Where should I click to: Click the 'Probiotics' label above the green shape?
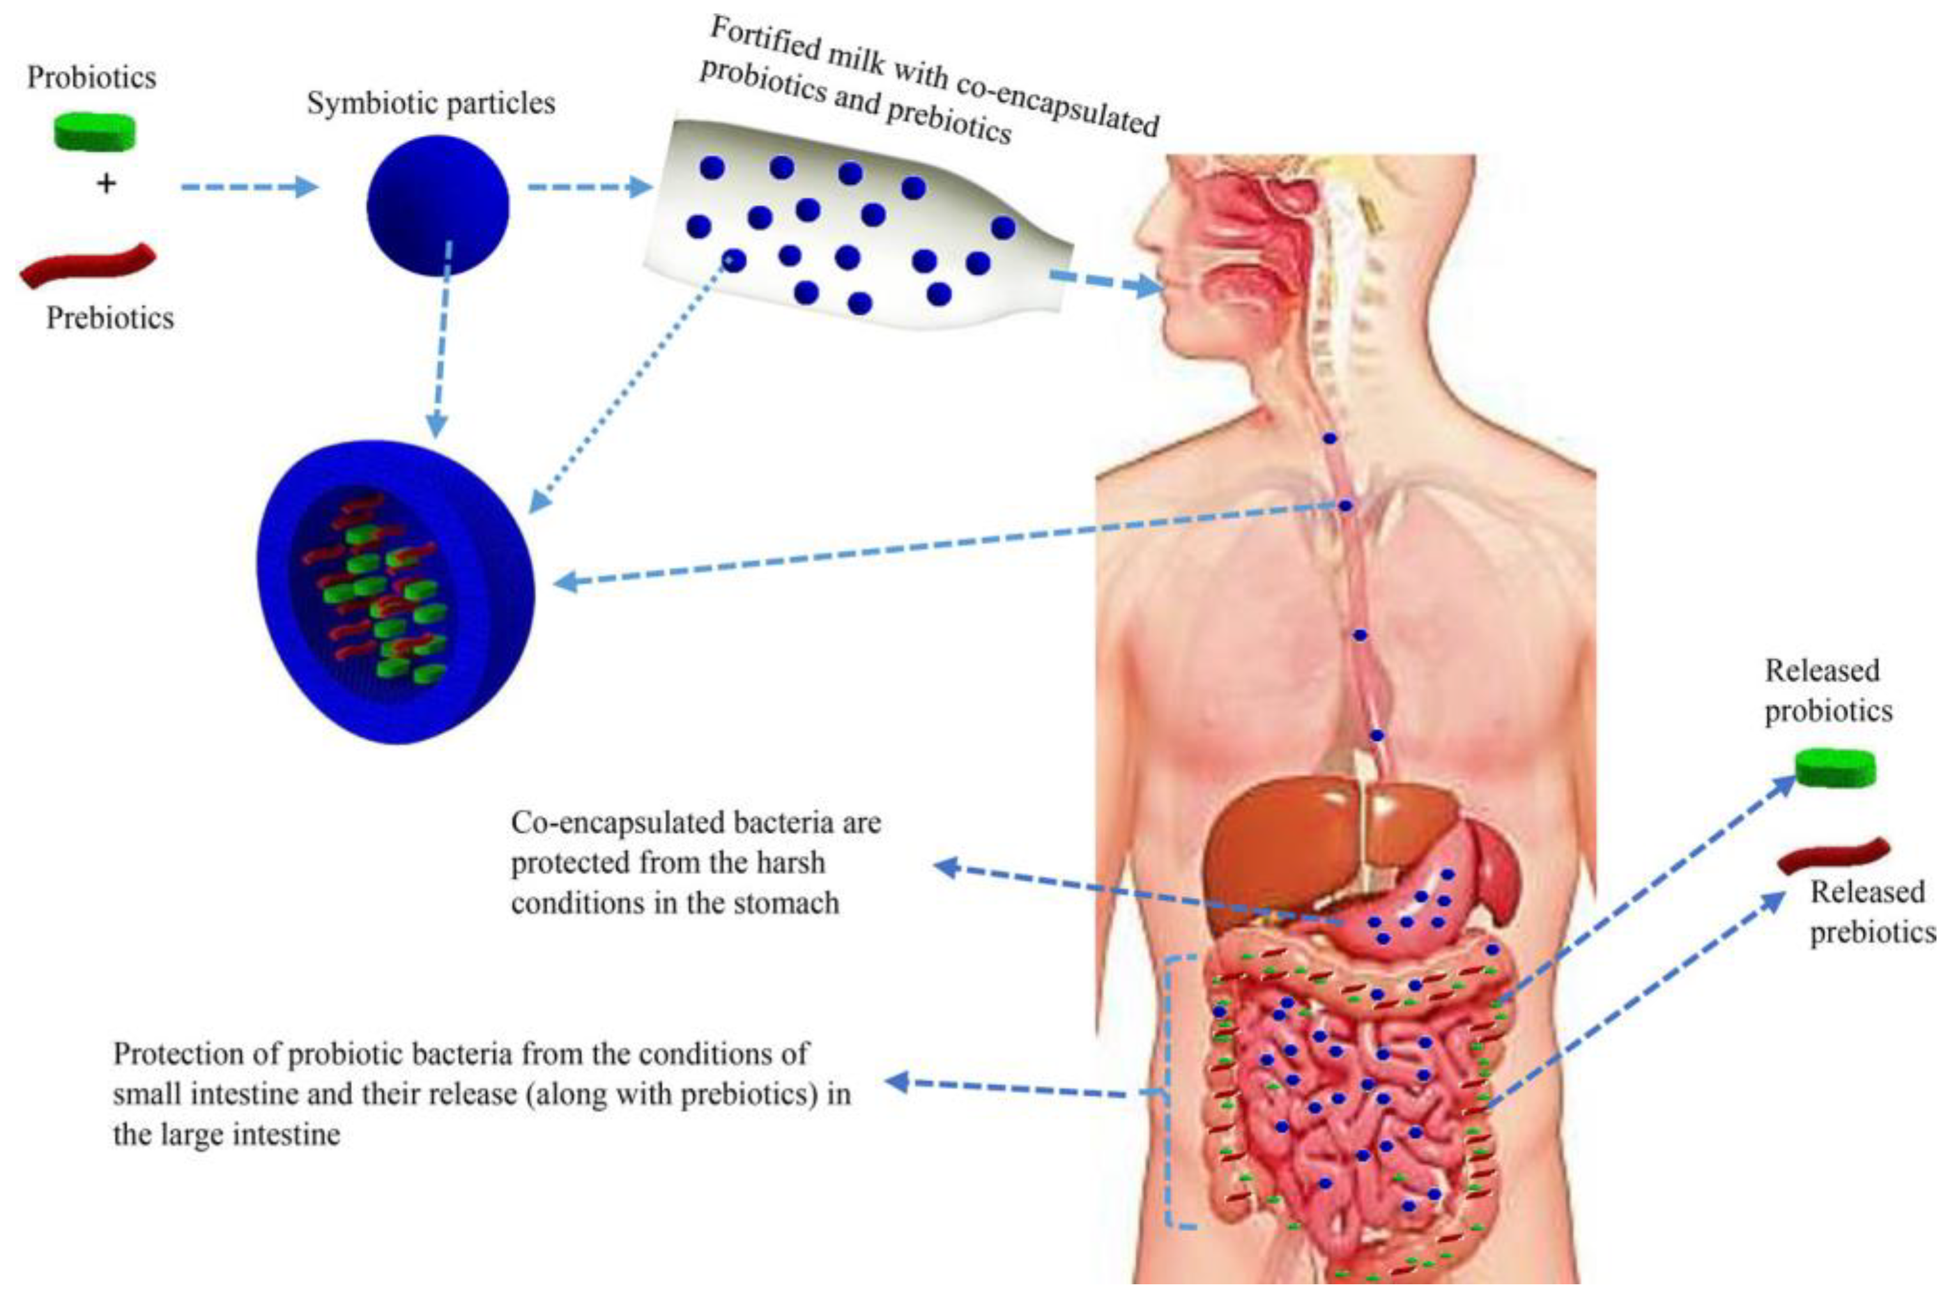91,77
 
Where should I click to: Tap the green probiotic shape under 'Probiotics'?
94,132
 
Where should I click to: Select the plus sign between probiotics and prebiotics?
106,183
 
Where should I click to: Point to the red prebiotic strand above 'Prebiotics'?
88,266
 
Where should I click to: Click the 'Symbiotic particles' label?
431,104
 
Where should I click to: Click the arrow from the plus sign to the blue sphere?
250,187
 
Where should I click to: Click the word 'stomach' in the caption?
786,903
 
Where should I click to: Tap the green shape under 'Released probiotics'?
1835,768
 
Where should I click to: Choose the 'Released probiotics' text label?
1828,691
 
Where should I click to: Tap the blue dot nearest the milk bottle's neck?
1003,227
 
